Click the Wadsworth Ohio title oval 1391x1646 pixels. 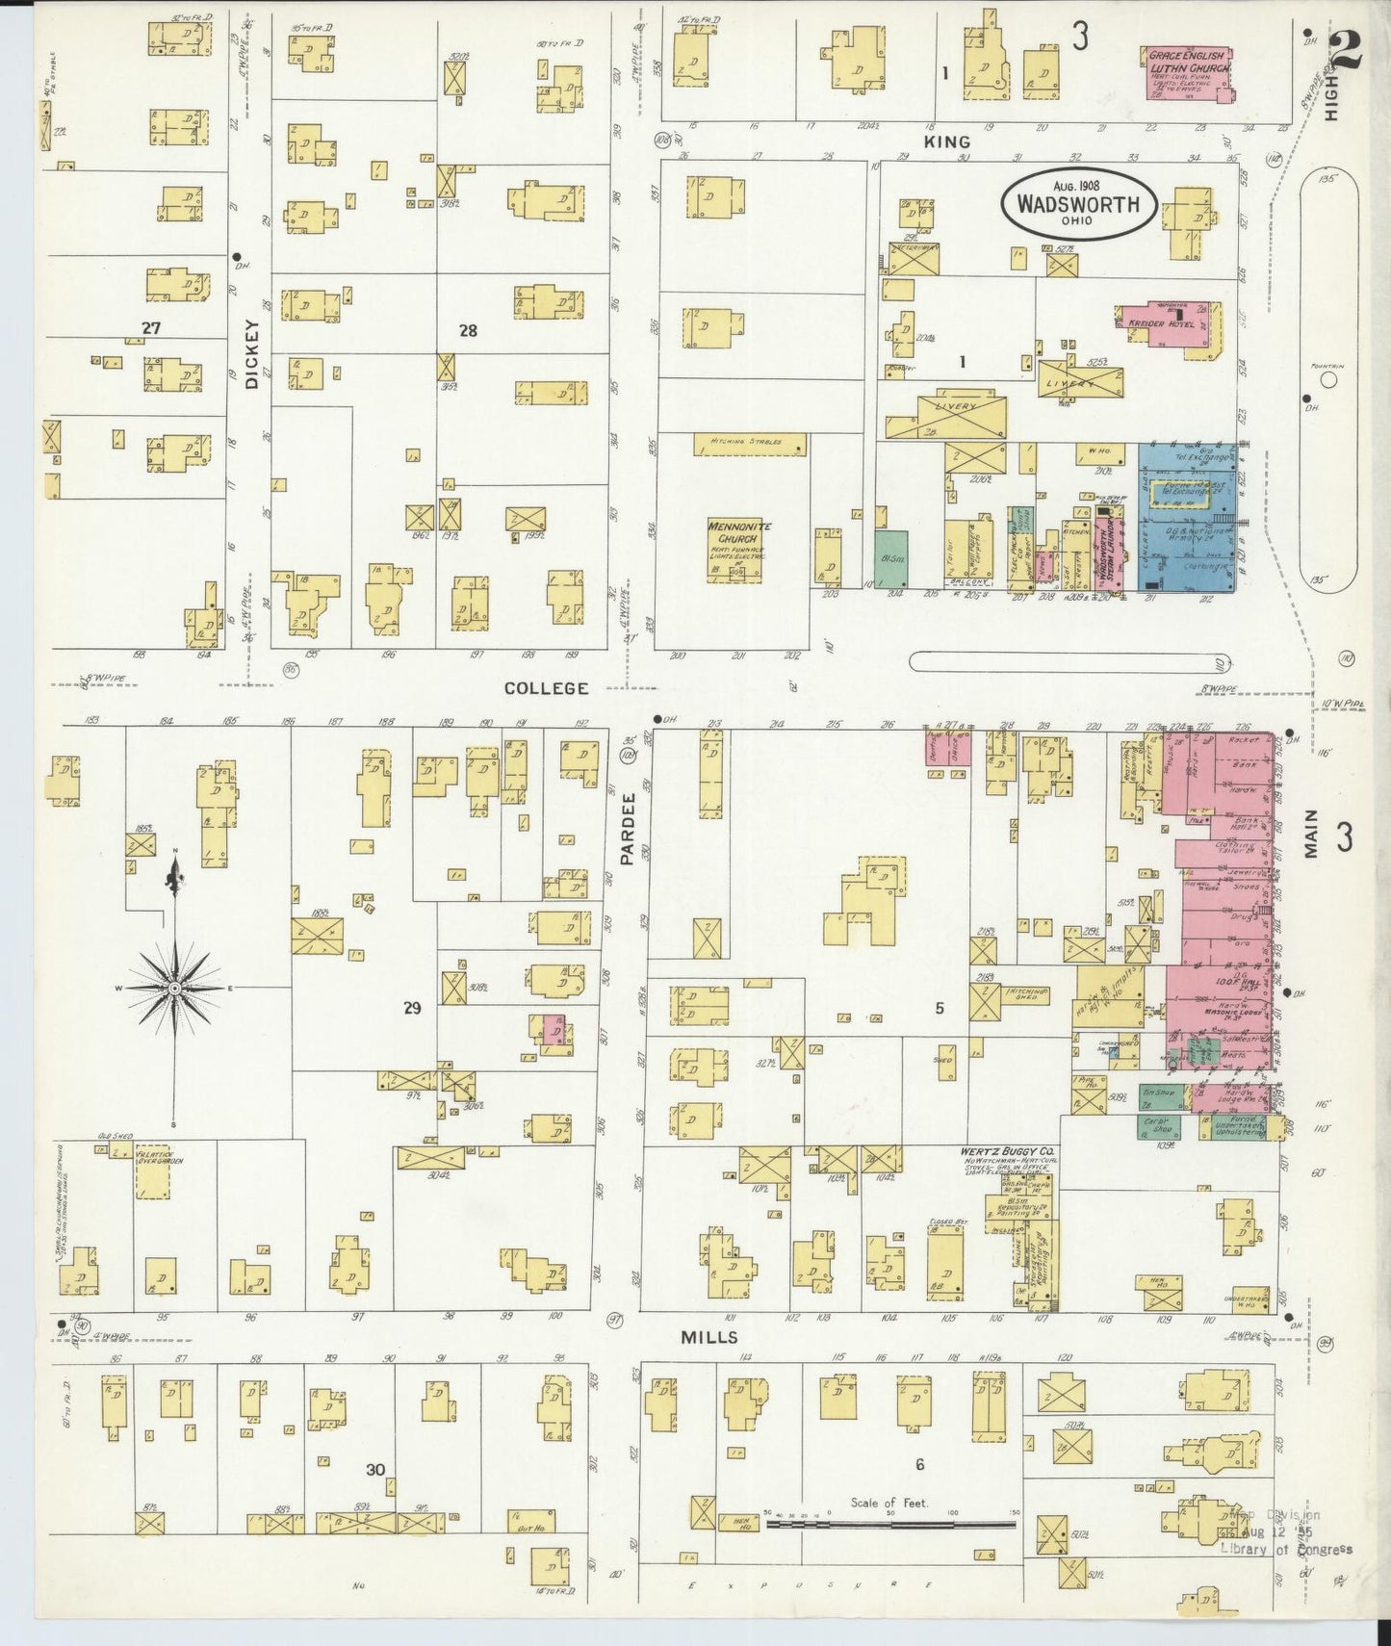[x=1078, y=203]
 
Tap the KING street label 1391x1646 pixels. [x=947, y=141]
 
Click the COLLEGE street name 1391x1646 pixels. [x=547, y=687]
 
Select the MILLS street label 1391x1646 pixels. [x=709, y=1337]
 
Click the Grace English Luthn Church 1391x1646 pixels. [x=1184, y=71]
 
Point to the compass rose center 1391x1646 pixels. [x=174, y=989]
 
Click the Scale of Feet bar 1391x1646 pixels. [x=890, y=1525]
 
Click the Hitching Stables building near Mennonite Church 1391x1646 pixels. [x=750, y=444]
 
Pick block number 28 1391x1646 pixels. [x=468, y=330]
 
